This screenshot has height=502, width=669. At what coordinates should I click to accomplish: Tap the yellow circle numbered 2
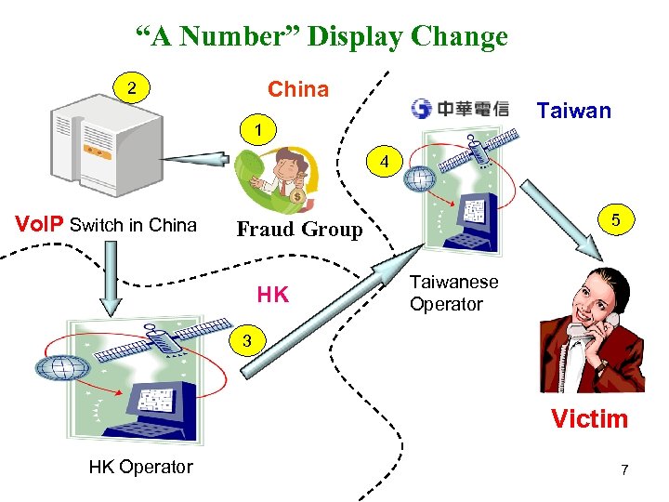coord(133,89)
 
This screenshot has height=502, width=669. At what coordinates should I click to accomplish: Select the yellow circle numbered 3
coord(245,340)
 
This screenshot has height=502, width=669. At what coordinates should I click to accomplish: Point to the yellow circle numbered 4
coord(384,163)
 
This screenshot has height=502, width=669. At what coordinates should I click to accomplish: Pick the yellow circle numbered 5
coord(615,221)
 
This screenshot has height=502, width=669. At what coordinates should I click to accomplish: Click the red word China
coord(298,89)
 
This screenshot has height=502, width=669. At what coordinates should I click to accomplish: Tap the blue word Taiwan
coord(574,112)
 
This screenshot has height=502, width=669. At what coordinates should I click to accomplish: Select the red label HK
coord(272,296)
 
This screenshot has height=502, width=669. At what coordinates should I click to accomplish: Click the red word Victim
coord(589,418)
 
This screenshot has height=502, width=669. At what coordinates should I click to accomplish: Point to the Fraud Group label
coord(299,229)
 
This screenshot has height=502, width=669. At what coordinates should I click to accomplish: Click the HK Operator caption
coord(141,467)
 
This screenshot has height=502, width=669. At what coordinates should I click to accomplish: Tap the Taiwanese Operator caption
coord(454,293)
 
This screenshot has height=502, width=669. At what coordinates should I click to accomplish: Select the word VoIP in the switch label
coord(42,224)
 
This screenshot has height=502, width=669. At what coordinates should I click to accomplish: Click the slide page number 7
coord(624,469)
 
